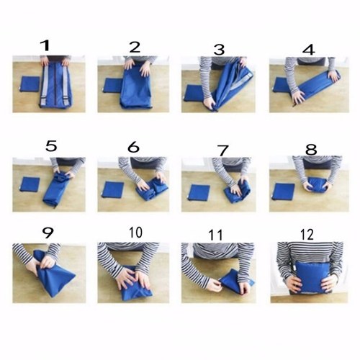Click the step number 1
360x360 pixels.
45,45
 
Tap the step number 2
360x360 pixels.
135,47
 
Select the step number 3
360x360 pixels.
219,50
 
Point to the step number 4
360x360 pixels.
309,50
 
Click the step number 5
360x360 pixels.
51,146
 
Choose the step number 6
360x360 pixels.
134,147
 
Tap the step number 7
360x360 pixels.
223,150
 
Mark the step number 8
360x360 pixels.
311,150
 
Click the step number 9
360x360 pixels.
48,233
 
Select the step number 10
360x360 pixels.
135,233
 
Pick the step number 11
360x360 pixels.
216,235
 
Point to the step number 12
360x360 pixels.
307,235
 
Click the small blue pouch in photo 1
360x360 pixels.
30,84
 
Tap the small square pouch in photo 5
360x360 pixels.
30,184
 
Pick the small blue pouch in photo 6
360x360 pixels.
113,189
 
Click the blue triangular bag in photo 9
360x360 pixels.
53,273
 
